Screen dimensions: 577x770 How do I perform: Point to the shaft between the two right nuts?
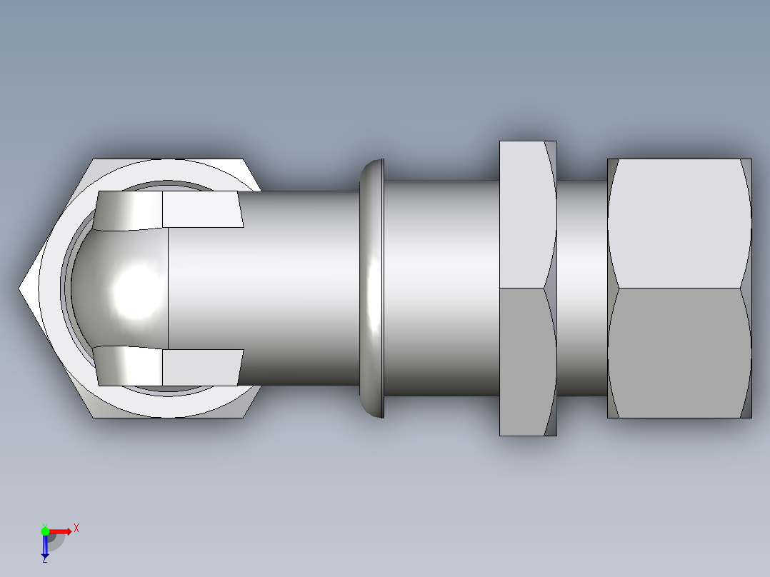click(x=581, y=288)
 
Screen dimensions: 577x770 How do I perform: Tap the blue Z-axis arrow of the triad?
click(x=45, y=546)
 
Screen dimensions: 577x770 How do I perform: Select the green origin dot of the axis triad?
click(x=45, y=531)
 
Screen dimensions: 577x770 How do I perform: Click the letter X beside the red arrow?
click(x=76, y=528)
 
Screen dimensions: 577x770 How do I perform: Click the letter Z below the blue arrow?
click(x=44, y=559)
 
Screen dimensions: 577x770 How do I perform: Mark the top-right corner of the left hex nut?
click(x=244, y=160)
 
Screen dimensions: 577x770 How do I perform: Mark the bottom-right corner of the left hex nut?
click(x=244, y=417)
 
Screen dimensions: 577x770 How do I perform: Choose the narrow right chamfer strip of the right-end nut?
click(x=747, y=288)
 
